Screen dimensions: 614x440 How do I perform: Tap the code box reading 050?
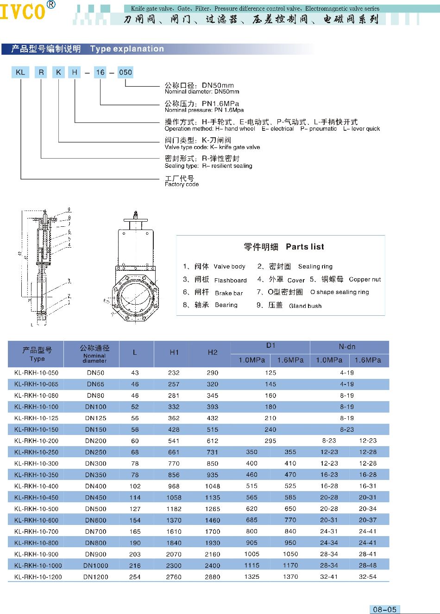click(x=125, y=72)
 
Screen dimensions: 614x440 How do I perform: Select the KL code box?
click(x=20, y=72)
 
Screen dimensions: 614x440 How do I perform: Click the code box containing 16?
click(x=100, y=72)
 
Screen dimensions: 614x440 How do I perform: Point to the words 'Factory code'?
click(x=182, y=185)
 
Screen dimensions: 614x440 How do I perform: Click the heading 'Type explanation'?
click(x=127, y=49)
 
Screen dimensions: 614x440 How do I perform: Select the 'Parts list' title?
click(x=305, y=247)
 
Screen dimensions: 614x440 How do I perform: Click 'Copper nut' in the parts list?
click(x=365, y=280)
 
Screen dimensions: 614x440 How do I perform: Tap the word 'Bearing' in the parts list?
click(x=226, y=305)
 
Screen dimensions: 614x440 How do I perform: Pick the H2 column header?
click(x=213, y=352)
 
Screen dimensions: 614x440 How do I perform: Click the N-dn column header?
click(x=347, y=346)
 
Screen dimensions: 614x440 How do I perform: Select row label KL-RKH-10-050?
click(x=36, y=373)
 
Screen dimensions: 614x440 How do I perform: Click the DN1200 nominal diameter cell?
click(x=95, y=577)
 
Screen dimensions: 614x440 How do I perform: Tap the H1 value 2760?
click(x=174, y=577)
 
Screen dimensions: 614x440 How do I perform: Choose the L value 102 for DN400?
click(x=135, y=486)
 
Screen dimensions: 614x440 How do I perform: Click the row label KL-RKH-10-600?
click(x=36, y=520)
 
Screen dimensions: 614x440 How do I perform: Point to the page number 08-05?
click(x=384, y=609)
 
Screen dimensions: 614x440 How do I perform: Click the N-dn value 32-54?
click(x=368, y=577)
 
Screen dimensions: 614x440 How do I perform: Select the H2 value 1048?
click(x=213, y=486)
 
